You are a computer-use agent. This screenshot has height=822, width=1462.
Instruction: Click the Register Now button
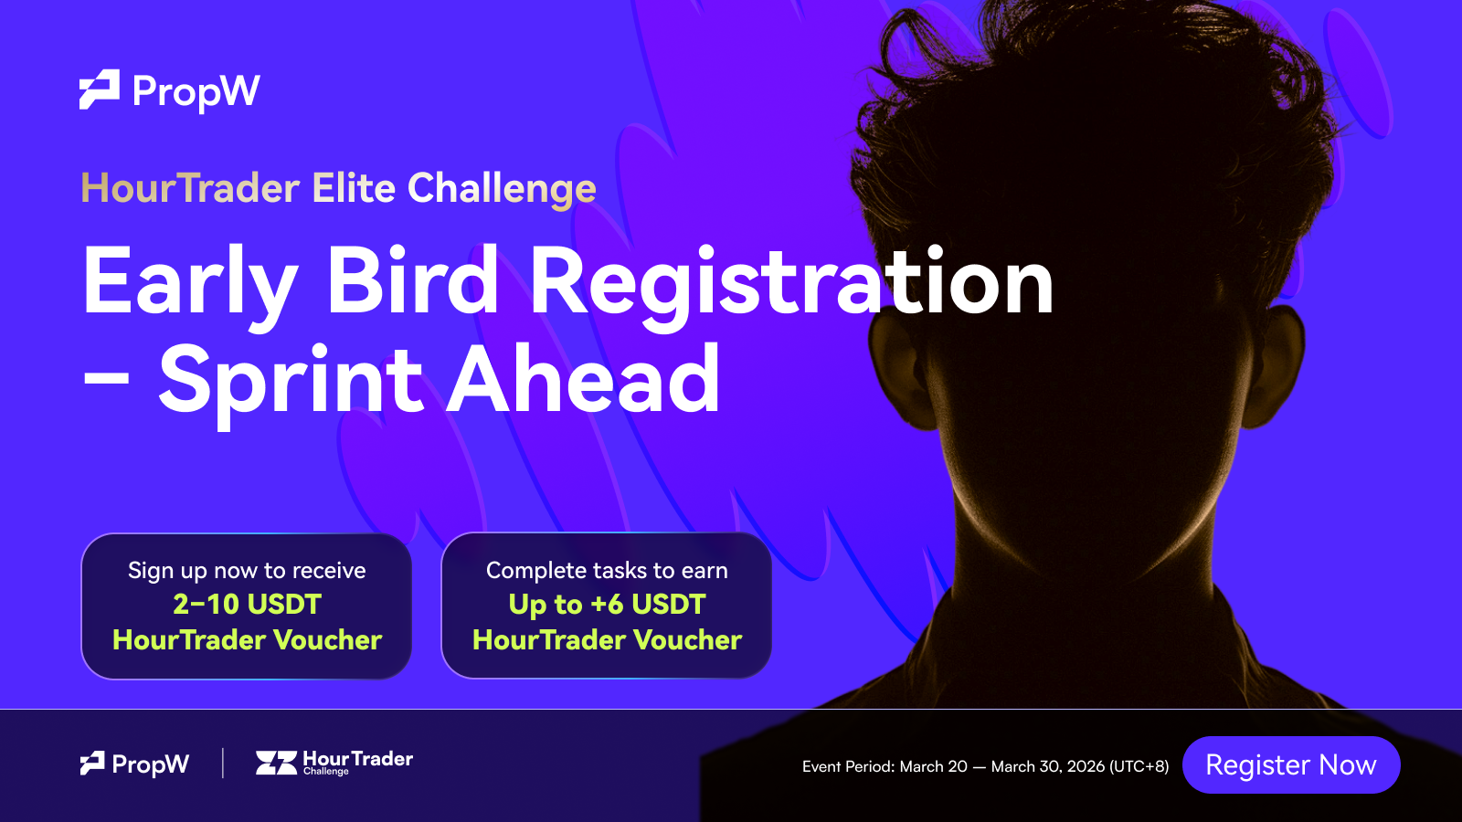tap(1291, 764)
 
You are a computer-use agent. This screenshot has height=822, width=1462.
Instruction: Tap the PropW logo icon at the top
tap(100, 90)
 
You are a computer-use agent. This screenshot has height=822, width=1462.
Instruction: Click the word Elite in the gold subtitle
tap(354, 188)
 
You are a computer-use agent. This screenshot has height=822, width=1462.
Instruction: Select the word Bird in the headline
tap(412, 280)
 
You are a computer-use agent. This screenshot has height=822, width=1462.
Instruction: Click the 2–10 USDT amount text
tap(247, 604)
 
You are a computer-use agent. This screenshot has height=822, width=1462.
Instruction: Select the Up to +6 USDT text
tap(607, 605)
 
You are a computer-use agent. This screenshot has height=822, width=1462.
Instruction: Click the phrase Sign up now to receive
tap(247, 571)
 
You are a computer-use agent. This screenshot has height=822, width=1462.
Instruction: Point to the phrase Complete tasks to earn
tap(607, 570)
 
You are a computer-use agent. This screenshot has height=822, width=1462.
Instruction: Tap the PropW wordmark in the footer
tap(150, 764)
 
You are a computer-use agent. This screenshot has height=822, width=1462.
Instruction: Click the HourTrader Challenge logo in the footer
tap(334, 763)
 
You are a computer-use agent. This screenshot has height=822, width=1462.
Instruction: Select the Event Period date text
tap(986, 766)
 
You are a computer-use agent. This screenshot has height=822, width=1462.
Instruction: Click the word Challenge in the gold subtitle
tap(502, 189)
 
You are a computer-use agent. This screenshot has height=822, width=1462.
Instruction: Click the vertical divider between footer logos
tap(223, 764)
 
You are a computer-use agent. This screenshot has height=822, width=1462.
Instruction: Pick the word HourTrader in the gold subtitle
tap(190, 188)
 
